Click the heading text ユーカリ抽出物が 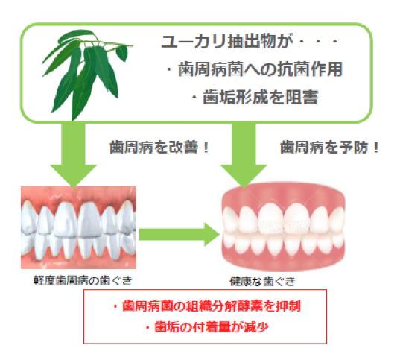226,42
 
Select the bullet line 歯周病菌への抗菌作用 254,69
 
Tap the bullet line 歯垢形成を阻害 255,97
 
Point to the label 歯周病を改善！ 159,148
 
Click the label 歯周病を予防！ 330,148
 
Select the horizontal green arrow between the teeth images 180,234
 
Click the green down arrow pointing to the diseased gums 74,156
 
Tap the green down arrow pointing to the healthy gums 244,156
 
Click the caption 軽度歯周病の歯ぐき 83,280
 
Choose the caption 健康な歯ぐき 263,281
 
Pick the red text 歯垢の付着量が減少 207,327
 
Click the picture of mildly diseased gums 78,227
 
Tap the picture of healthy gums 283,227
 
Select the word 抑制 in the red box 289,306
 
